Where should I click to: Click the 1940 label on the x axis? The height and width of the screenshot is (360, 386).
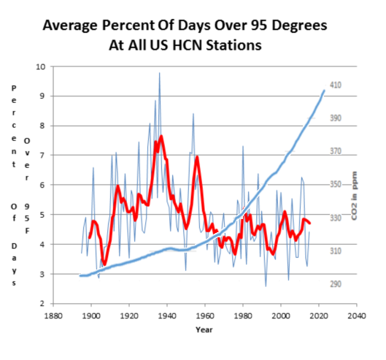[x=167, y=318]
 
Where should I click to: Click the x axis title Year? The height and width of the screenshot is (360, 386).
[x=204, y=330]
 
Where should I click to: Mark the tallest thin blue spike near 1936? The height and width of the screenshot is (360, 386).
[x=160, y=73]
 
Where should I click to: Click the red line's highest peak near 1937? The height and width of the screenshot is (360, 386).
[x=161, y=137]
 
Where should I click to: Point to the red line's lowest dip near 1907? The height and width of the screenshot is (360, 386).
[x=105, y=264]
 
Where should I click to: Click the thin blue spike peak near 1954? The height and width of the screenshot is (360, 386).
[x=193, y=113]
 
